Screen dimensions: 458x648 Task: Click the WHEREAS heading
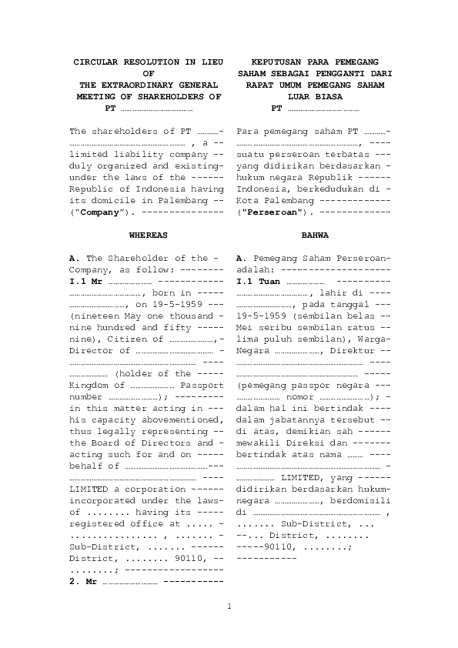pos(146,233)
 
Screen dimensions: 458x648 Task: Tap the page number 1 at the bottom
pos(229,607)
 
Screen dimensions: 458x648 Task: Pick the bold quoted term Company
pos(98,210)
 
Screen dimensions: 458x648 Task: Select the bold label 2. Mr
pos(83,581)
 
